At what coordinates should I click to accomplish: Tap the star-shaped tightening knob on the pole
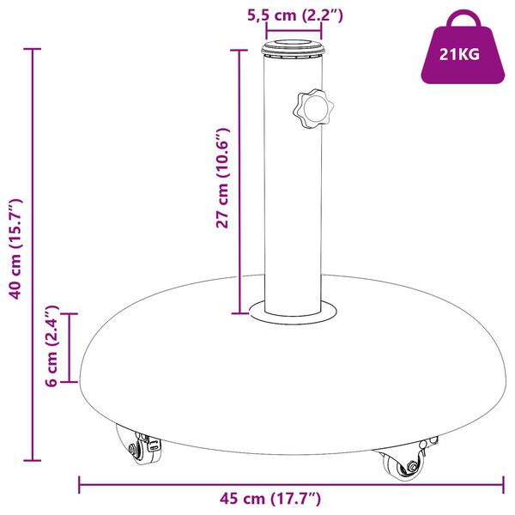click(312, 109)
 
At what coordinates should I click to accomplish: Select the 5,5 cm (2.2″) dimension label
click(295, 15)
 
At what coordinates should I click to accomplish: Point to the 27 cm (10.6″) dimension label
click(222, 178)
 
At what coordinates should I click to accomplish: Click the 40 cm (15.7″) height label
click(15, 249)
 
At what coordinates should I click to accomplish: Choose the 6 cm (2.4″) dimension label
click(51, 346)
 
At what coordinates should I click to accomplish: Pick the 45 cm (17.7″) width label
click(270, 499)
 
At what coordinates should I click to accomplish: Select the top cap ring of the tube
click(294, 48)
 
